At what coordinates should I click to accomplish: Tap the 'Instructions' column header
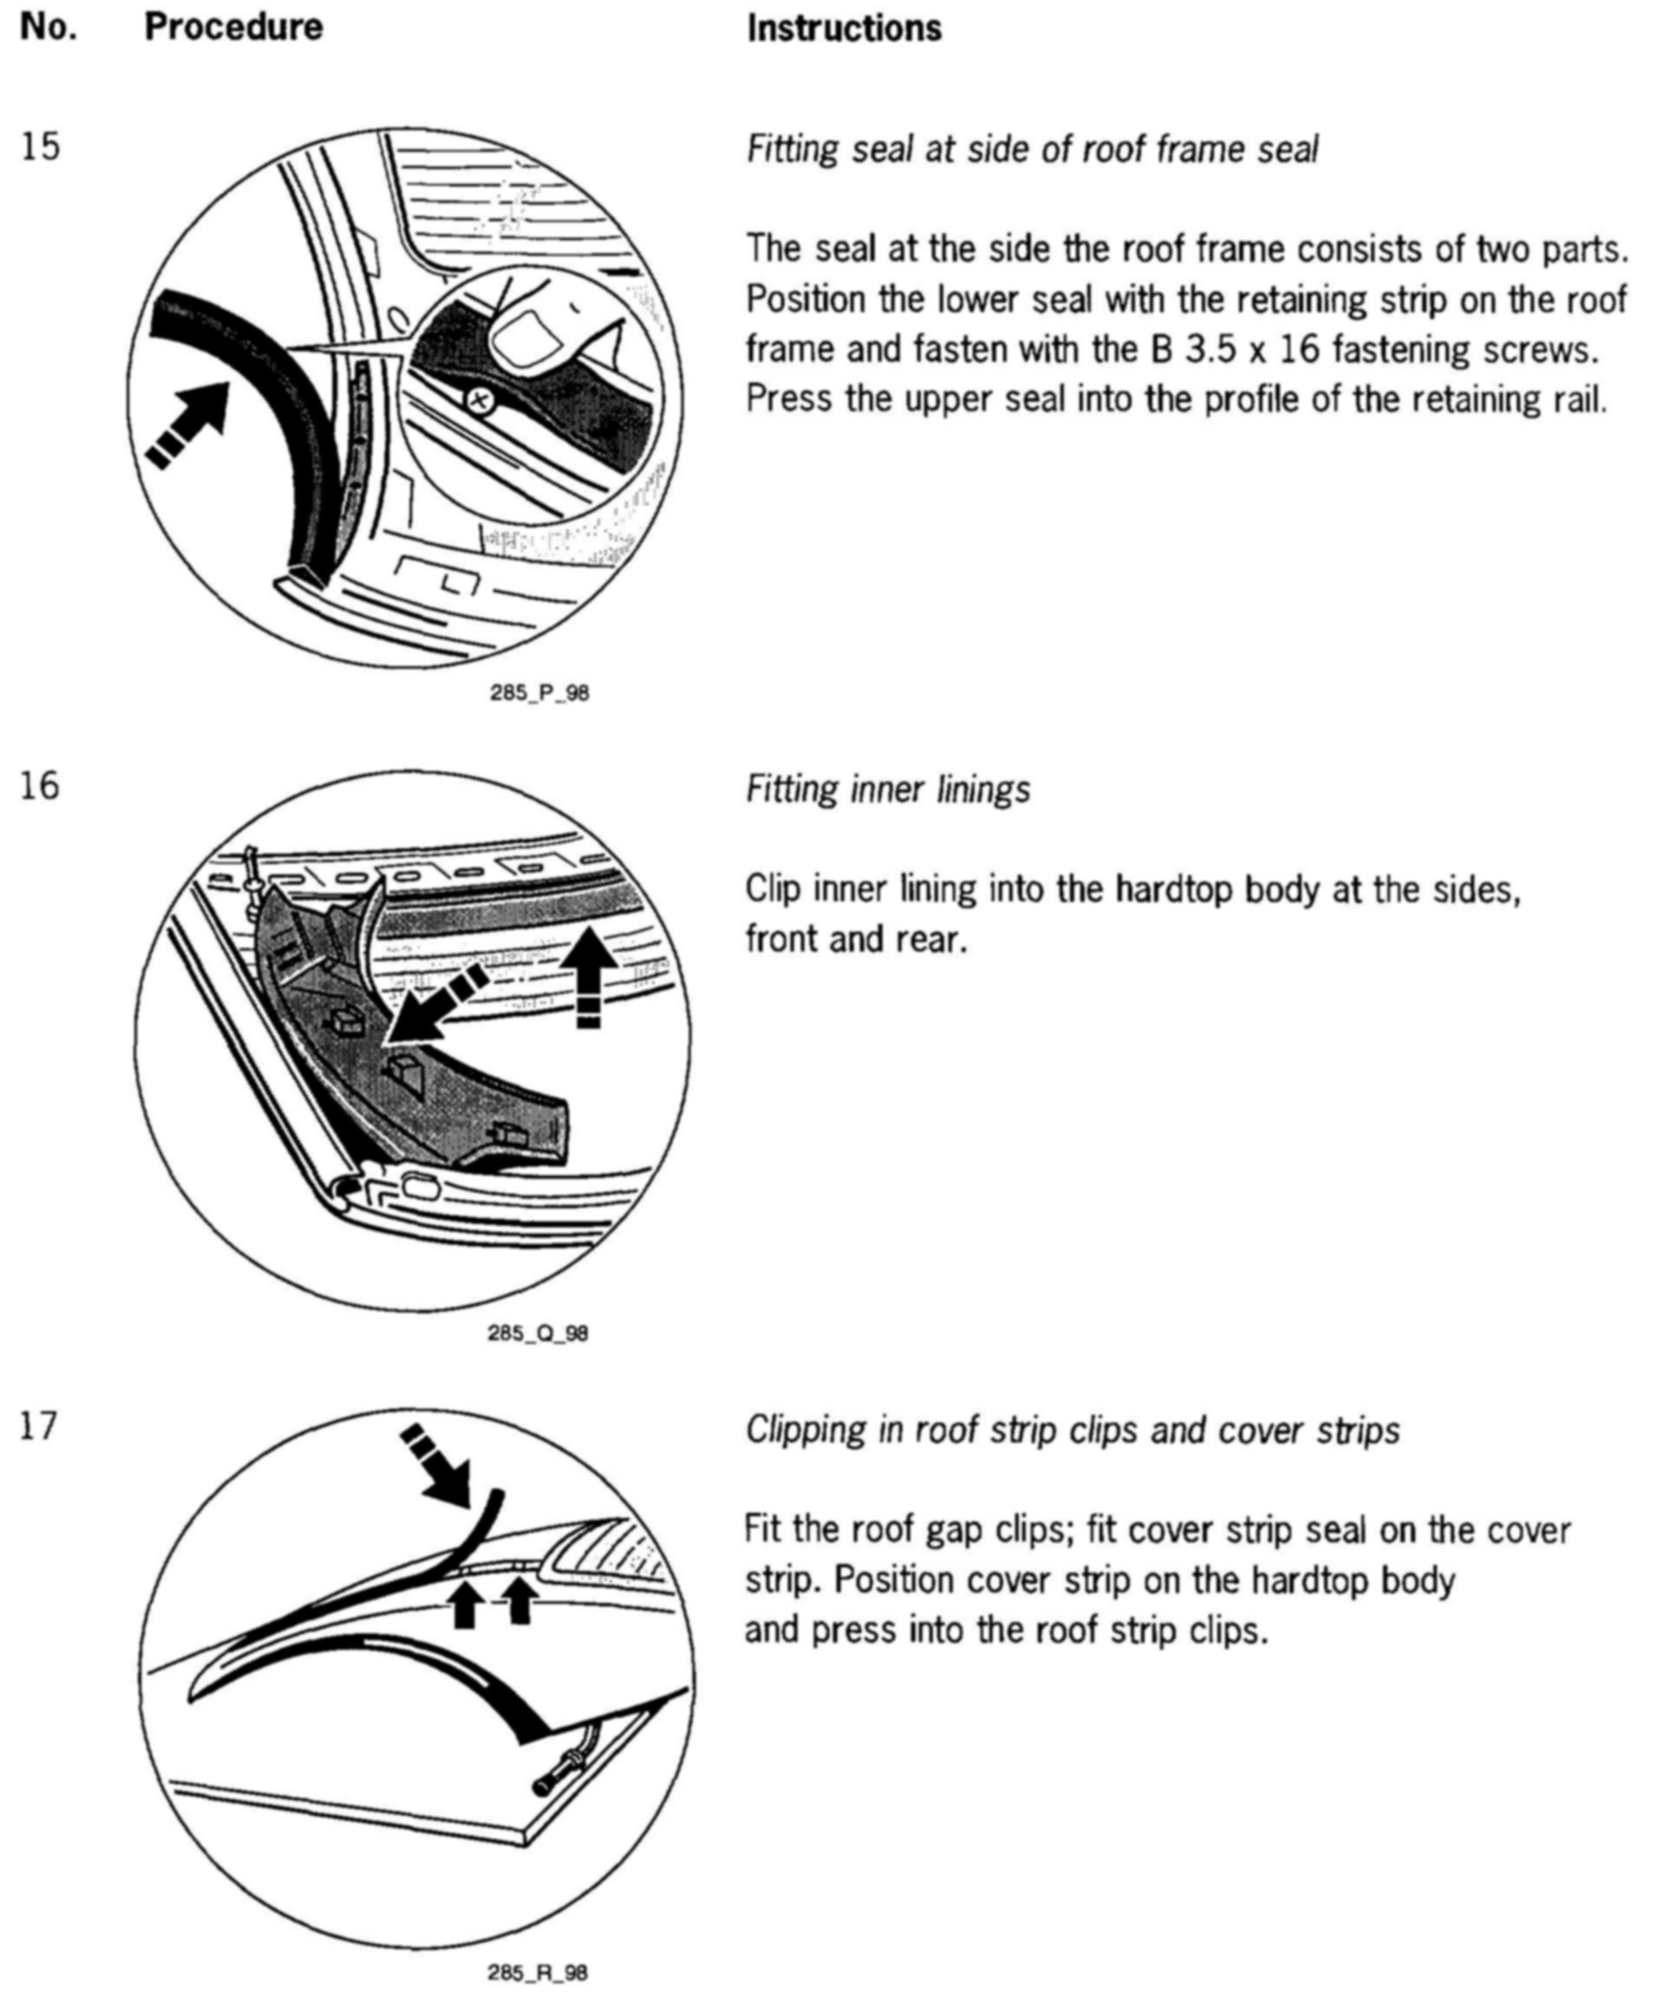click(x=844, y=29)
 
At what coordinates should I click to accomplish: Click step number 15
click(x=39, y=147)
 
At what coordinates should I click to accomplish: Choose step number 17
click(x=39, y=1426)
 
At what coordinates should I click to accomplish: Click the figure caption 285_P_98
click(x=539, y=693)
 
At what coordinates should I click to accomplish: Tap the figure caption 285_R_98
click(x=538, y=1973)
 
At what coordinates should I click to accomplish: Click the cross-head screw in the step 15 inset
click(x=479, y=401)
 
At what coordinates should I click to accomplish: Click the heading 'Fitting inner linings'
click(x=887, y=789)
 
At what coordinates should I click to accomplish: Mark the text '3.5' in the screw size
click(x=1210, y=350)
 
